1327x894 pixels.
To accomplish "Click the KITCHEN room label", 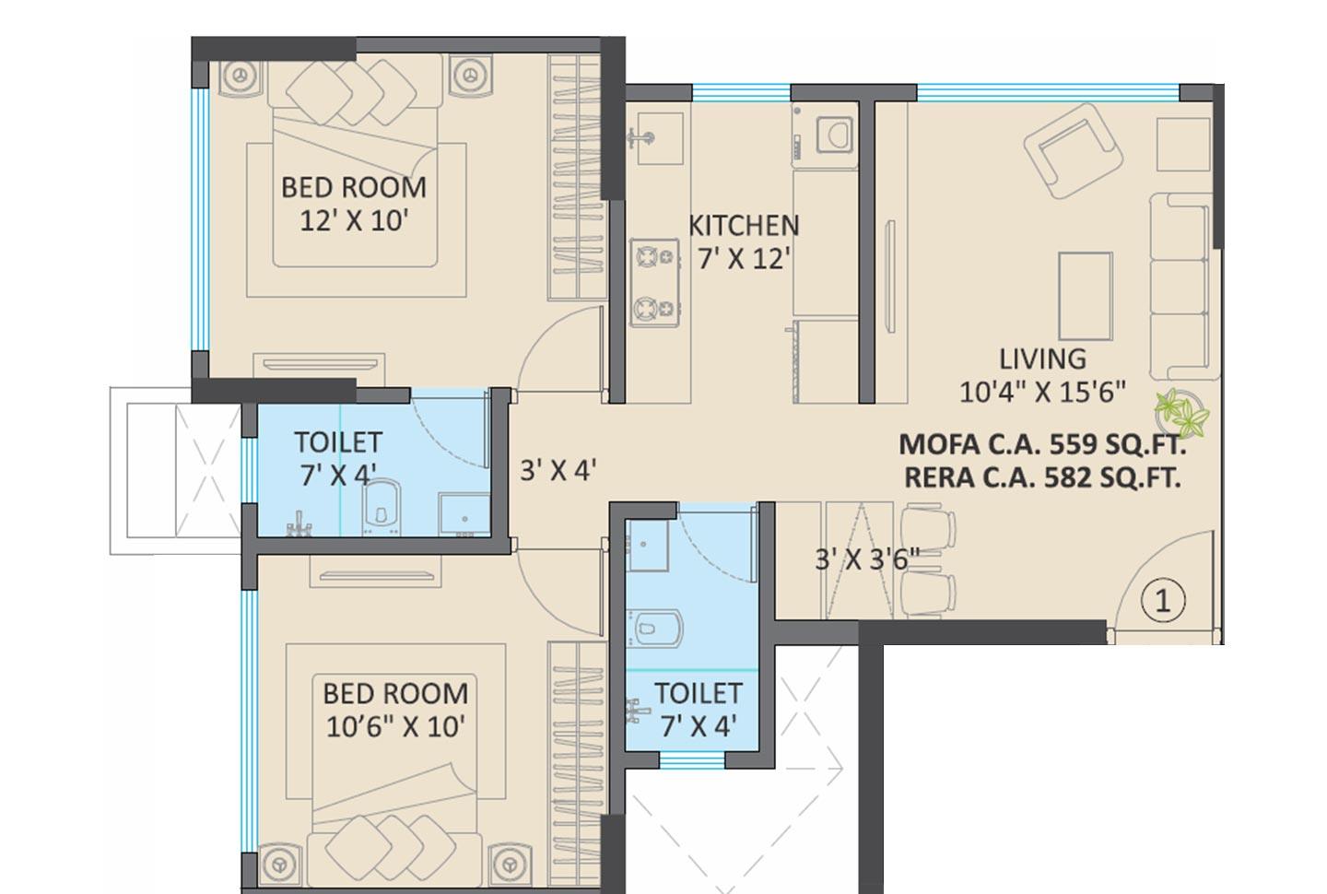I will (744, 225).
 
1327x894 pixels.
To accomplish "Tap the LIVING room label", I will (1042, 359).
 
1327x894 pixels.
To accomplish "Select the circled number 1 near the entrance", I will (1162, 601).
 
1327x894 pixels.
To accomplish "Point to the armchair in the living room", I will (1074, 149).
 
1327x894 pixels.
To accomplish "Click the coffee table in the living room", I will (1085, 296).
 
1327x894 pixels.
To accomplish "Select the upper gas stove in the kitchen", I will (655, 257).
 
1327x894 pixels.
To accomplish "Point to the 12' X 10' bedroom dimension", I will (354, 221).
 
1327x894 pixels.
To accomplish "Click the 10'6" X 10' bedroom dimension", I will (395, 726).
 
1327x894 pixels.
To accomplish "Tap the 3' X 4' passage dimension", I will (558, 470).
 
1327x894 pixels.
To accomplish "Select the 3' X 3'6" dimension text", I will (866, 559).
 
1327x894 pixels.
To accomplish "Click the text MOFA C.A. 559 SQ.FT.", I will (1041, 444).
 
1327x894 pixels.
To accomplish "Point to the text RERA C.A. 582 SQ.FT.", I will (1041, 477).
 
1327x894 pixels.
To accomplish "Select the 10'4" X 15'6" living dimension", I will (1042, 392).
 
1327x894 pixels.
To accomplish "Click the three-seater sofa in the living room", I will (1180, 286).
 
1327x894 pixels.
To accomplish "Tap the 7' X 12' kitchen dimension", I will (744, 259).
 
